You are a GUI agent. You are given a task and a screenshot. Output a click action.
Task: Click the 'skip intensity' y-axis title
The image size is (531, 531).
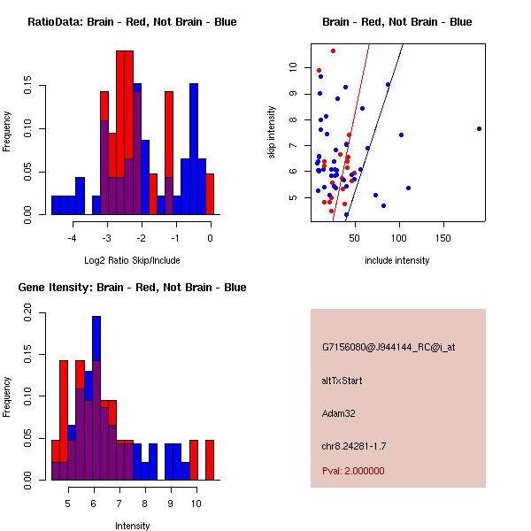273,133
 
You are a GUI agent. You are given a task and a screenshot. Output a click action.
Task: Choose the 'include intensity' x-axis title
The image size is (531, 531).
397,260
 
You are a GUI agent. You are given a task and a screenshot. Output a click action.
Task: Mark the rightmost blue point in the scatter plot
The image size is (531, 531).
479,128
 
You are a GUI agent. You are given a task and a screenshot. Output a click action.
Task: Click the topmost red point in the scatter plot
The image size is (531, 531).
333,50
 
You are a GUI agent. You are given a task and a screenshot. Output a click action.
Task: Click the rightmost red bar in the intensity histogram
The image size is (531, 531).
210,460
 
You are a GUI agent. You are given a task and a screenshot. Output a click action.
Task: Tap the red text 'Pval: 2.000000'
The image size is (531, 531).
353,471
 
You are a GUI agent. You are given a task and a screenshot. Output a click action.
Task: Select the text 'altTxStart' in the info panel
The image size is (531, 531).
342,381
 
